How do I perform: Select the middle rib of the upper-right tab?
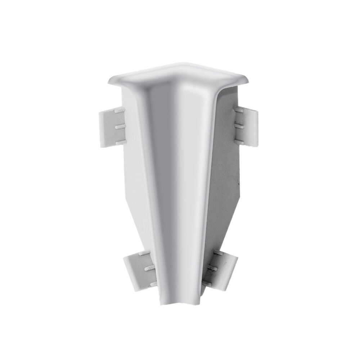[238, 126]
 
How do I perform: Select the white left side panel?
[139, 173]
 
